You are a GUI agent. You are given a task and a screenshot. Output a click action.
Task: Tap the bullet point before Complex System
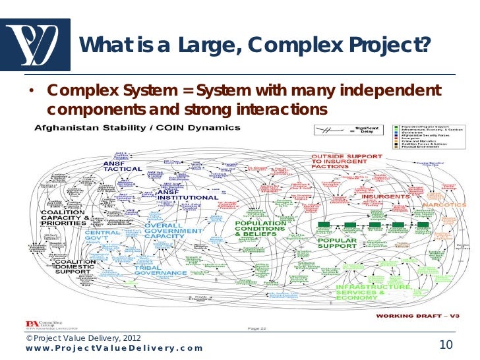coord(31,91)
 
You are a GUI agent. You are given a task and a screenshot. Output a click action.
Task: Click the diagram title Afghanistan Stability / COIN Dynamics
coord(137,127)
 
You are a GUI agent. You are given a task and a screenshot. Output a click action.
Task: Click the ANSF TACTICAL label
coord(122,165)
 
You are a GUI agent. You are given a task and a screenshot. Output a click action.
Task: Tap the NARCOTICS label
coord(441,205)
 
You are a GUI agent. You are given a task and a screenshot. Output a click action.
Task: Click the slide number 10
coord(446,345)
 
